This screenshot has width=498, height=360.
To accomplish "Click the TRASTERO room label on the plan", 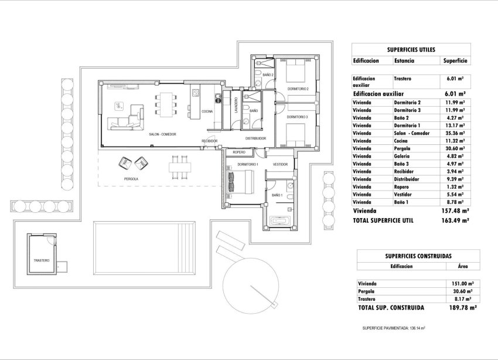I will coord(42,260).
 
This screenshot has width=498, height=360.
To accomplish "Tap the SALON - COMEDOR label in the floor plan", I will coord(154,134).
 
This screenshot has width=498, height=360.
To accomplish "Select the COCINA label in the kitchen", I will coord(207,111).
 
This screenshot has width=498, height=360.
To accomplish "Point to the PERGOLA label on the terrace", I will coord(131,178).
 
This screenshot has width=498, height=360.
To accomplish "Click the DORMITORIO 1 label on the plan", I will coord(248,165).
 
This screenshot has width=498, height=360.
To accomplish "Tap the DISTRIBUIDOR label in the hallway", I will coord(255,138).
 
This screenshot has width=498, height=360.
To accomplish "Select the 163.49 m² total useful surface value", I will coord(454,221).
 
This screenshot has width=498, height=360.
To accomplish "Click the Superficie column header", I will coord(455,60).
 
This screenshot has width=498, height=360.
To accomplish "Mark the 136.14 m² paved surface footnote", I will coord(394,328).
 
